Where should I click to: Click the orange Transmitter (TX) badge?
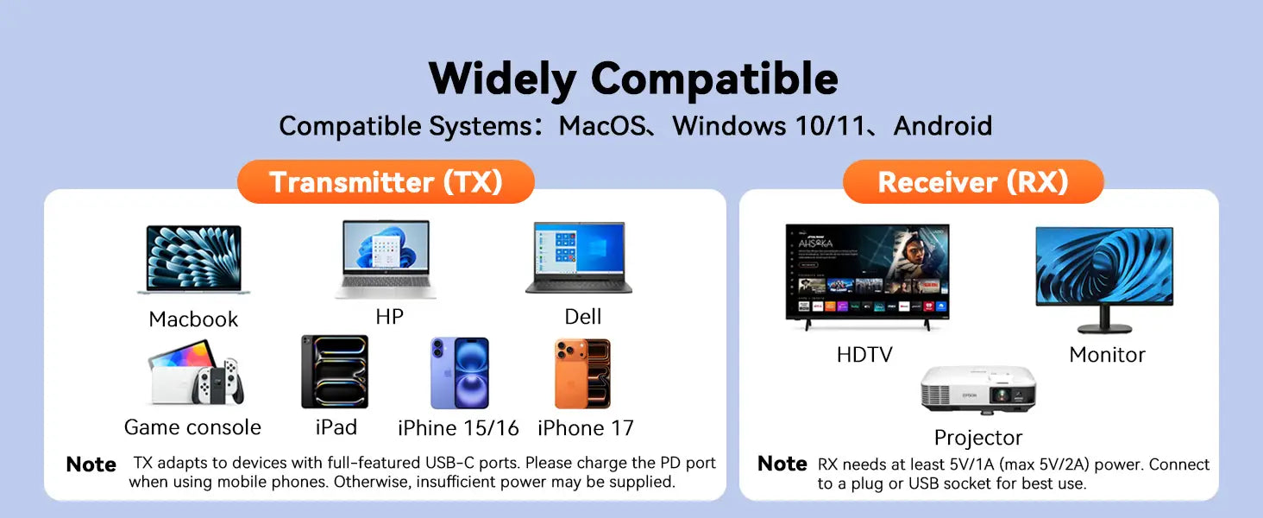click(386, 181)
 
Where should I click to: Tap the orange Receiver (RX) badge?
click(973, 181)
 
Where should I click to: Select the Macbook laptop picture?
click(193, 260)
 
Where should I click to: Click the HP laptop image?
click(386, 259)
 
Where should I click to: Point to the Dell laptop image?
click(579, 258)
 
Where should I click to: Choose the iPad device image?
click(335, 372)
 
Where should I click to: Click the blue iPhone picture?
click(460, 373)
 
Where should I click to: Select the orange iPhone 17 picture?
click(582, 374)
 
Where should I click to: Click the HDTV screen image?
click(867, 273)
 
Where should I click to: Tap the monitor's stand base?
click(1104, 327)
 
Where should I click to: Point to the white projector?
click(978, 390)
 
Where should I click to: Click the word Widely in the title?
click(502, 79)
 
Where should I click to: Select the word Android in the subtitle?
click(943, 126)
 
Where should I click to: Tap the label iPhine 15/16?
click(458, 428)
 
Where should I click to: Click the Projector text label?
click(977, 438)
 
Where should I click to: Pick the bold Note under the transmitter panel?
click(91, 464)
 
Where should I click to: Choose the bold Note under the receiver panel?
click(782, 464)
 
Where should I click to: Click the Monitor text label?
click(1107, 355)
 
